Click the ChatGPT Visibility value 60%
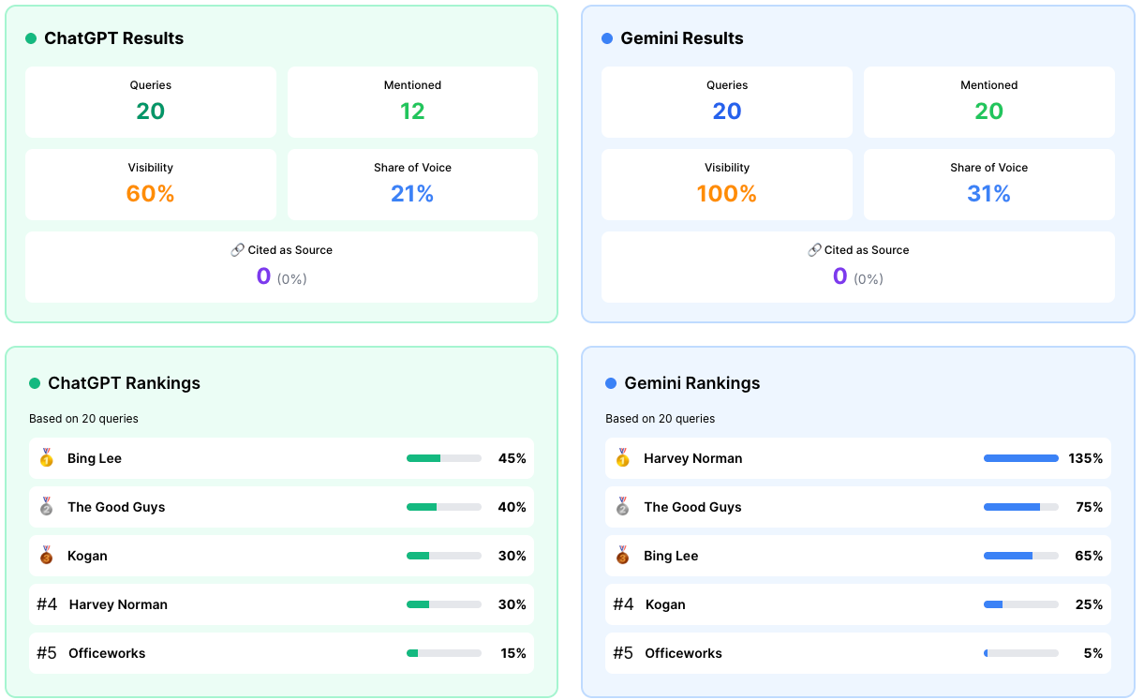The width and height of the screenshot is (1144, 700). pyautogui.click(x=150, y=194)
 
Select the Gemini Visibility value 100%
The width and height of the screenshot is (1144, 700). pyautogui.click(x=727, y=194)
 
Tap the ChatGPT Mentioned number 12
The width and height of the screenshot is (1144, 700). pyautogui.click(x=412, y=111)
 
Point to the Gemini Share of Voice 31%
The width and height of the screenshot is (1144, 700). pyautogui.click(x=988, y=194)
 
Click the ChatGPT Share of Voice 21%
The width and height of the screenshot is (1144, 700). pyautogui.click(x=412, y=194)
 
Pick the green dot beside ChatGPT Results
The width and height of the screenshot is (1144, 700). pyautogui.click(x=31, y=38)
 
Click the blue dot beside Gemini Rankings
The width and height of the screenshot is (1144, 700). pyautogui.click(x=611, y=383)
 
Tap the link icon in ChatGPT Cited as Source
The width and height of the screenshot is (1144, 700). pyautogui.click(x=237, y=250)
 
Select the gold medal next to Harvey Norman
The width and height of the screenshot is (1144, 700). pyautogui.click(x=622, y=458)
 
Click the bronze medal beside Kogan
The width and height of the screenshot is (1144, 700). pyautogui.click(x=47, y=555)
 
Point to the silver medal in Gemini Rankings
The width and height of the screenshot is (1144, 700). pyautogui.click(x=622, y=506)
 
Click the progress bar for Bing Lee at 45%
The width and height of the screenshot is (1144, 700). pyautogui.click(x=444, y=458)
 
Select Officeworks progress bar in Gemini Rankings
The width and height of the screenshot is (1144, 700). pyautogui.click(x=1021, y=653)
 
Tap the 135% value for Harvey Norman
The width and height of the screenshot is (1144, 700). pyautogui.click(x=1085, y=458)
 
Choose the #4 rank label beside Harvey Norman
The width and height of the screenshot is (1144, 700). pyautogui.click(x=47, y=604)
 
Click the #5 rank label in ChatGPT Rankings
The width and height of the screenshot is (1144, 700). pyautogui.click(x=47, y=653)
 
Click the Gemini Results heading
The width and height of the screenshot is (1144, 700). pyautogui.click(x=682, y=38)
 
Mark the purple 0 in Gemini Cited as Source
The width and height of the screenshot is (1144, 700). pyautogui.click(x=840, y=276)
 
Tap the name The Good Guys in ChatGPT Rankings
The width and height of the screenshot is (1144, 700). pyautogui.click(x=116, y=507)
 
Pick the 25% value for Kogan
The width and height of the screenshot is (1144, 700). pyautogui.click(x=1089, y=604)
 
